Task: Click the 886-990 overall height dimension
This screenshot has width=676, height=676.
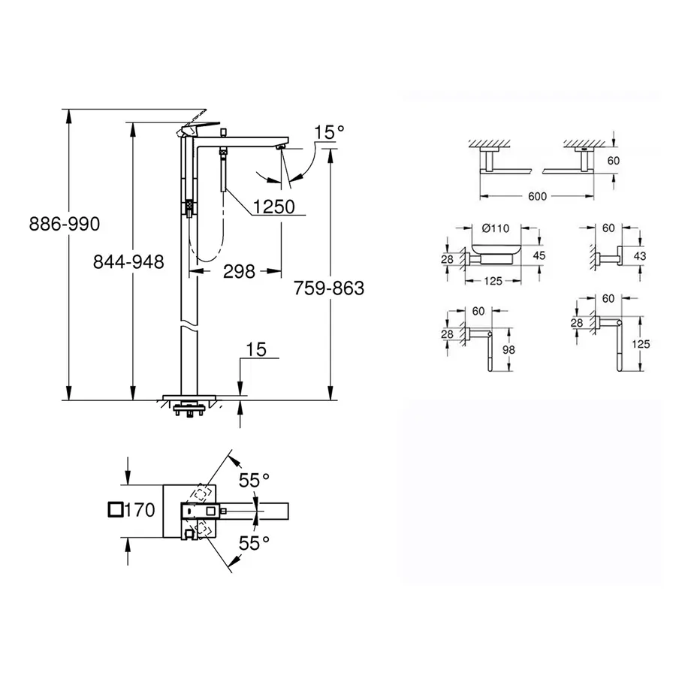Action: [64, 224]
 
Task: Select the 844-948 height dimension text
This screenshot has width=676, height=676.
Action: [128, 261]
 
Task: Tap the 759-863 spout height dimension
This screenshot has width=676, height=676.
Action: [327, 288]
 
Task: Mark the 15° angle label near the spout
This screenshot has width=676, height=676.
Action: [328, 132]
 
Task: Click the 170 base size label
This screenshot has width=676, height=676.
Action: [140, 510]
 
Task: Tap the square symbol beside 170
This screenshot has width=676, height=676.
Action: [116, 510]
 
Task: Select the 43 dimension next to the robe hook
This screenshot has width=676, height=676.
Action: [639, 255]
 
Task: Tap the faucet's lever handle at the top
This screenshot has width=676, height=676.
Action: [198, 122]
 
